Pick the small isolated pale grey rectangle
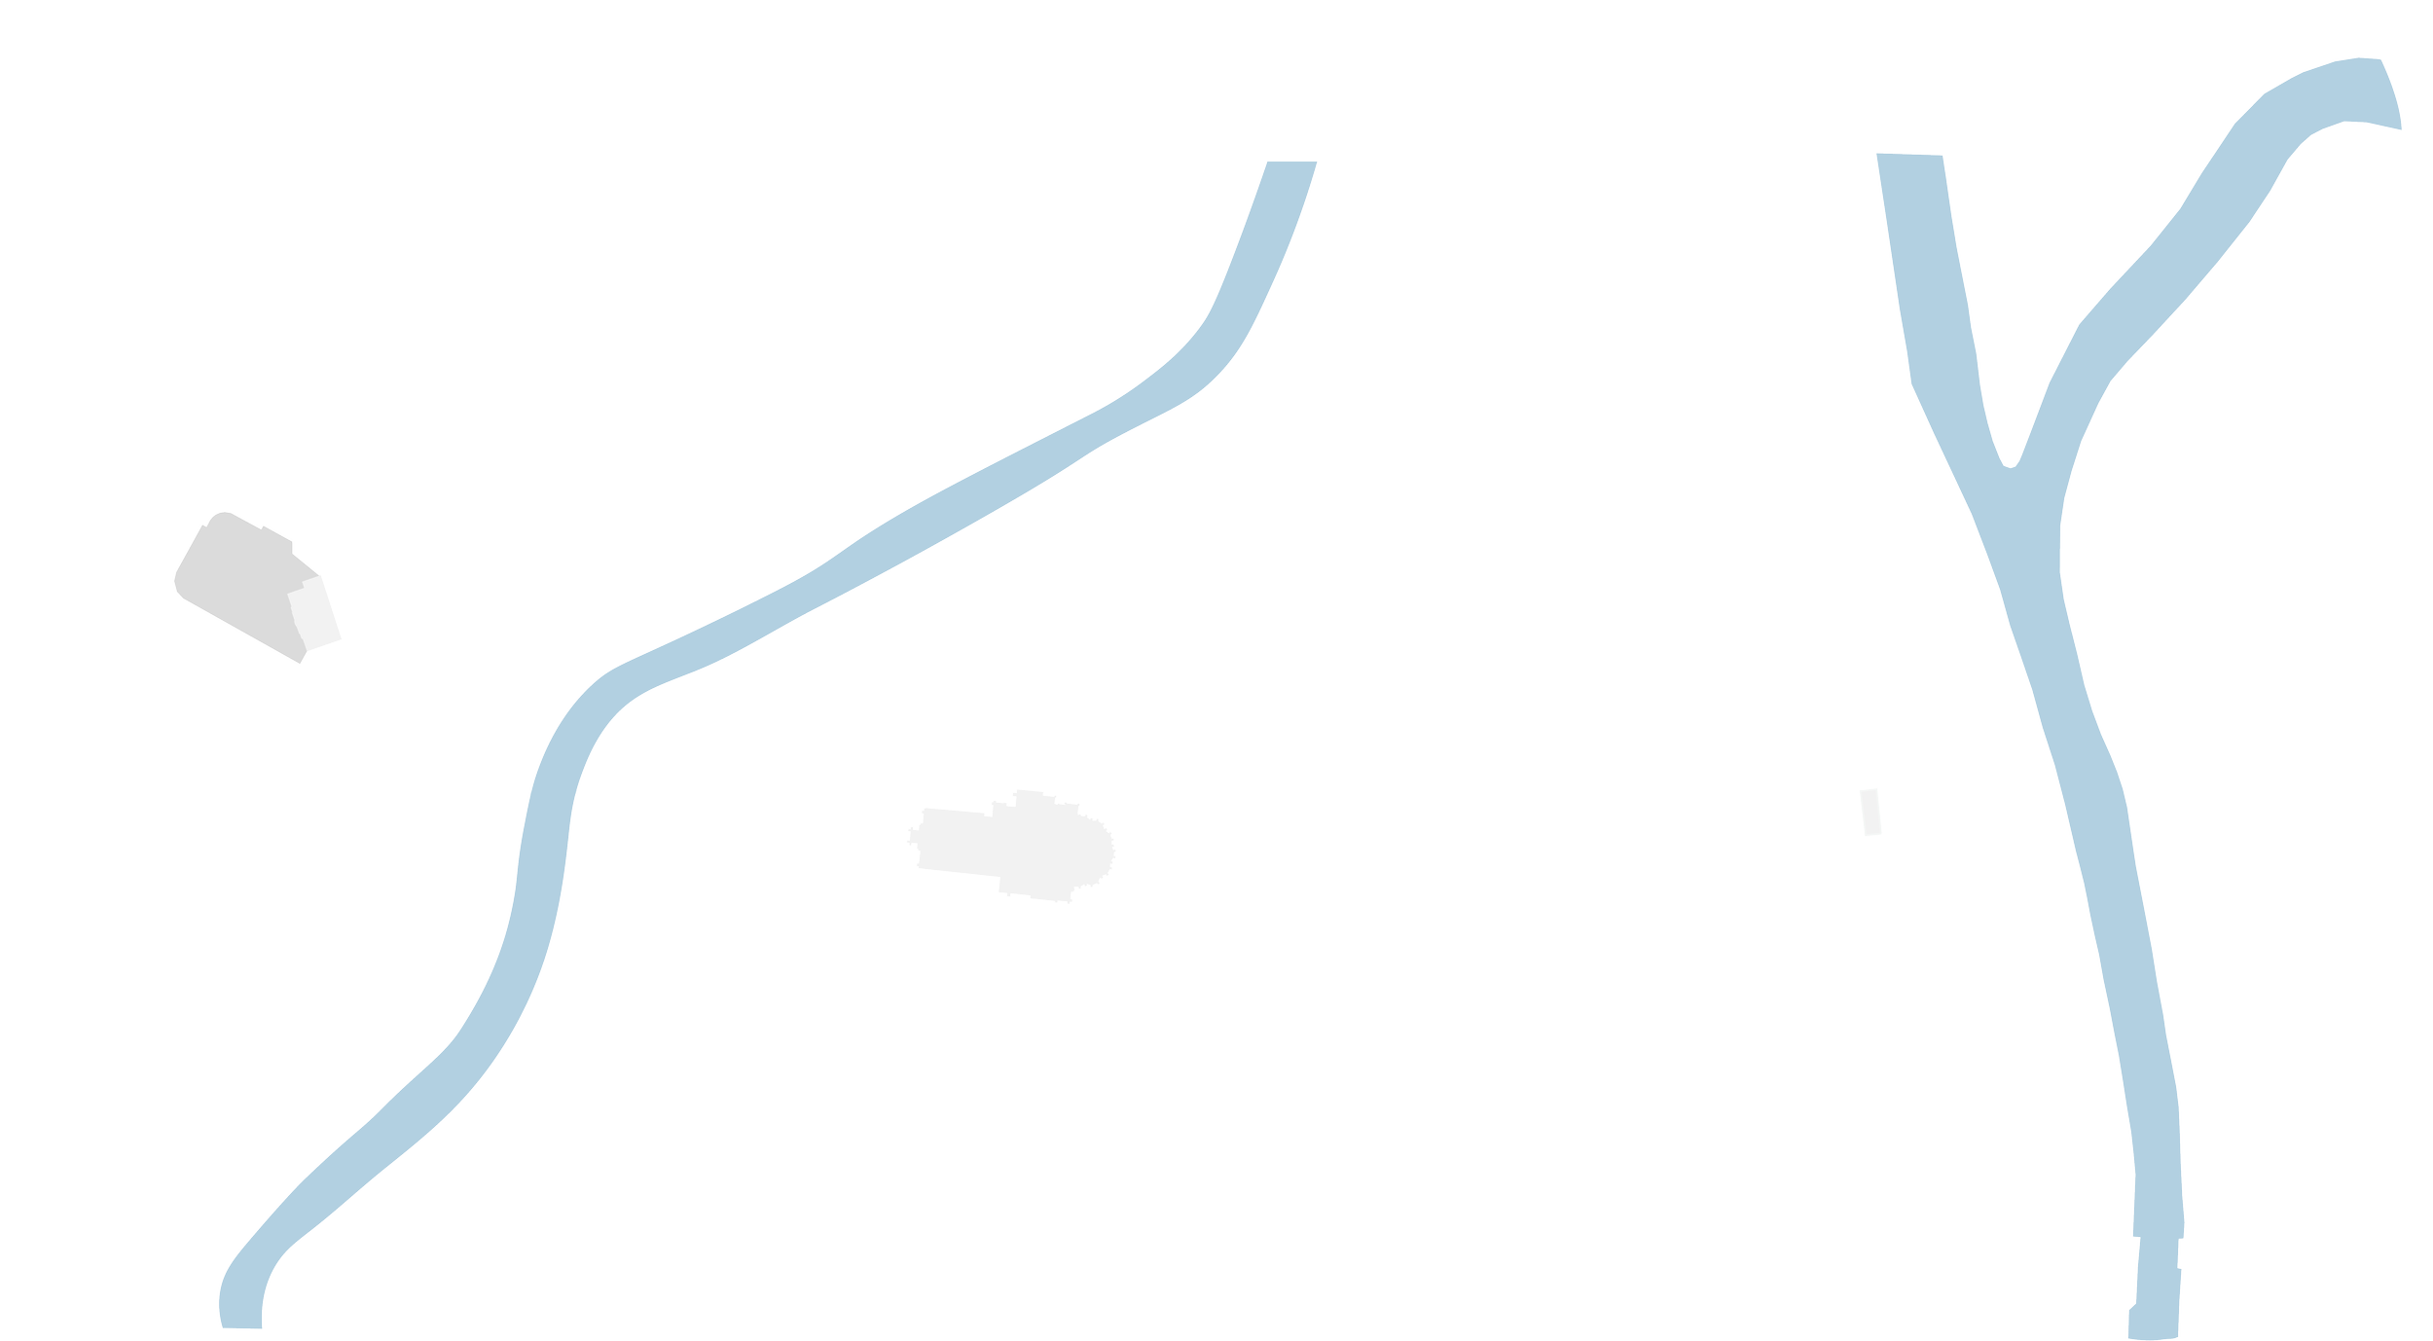point(1870,812)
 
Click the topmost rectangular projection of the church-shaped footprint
point(1029,796)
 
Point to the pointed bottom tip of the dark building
point(300,662)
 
